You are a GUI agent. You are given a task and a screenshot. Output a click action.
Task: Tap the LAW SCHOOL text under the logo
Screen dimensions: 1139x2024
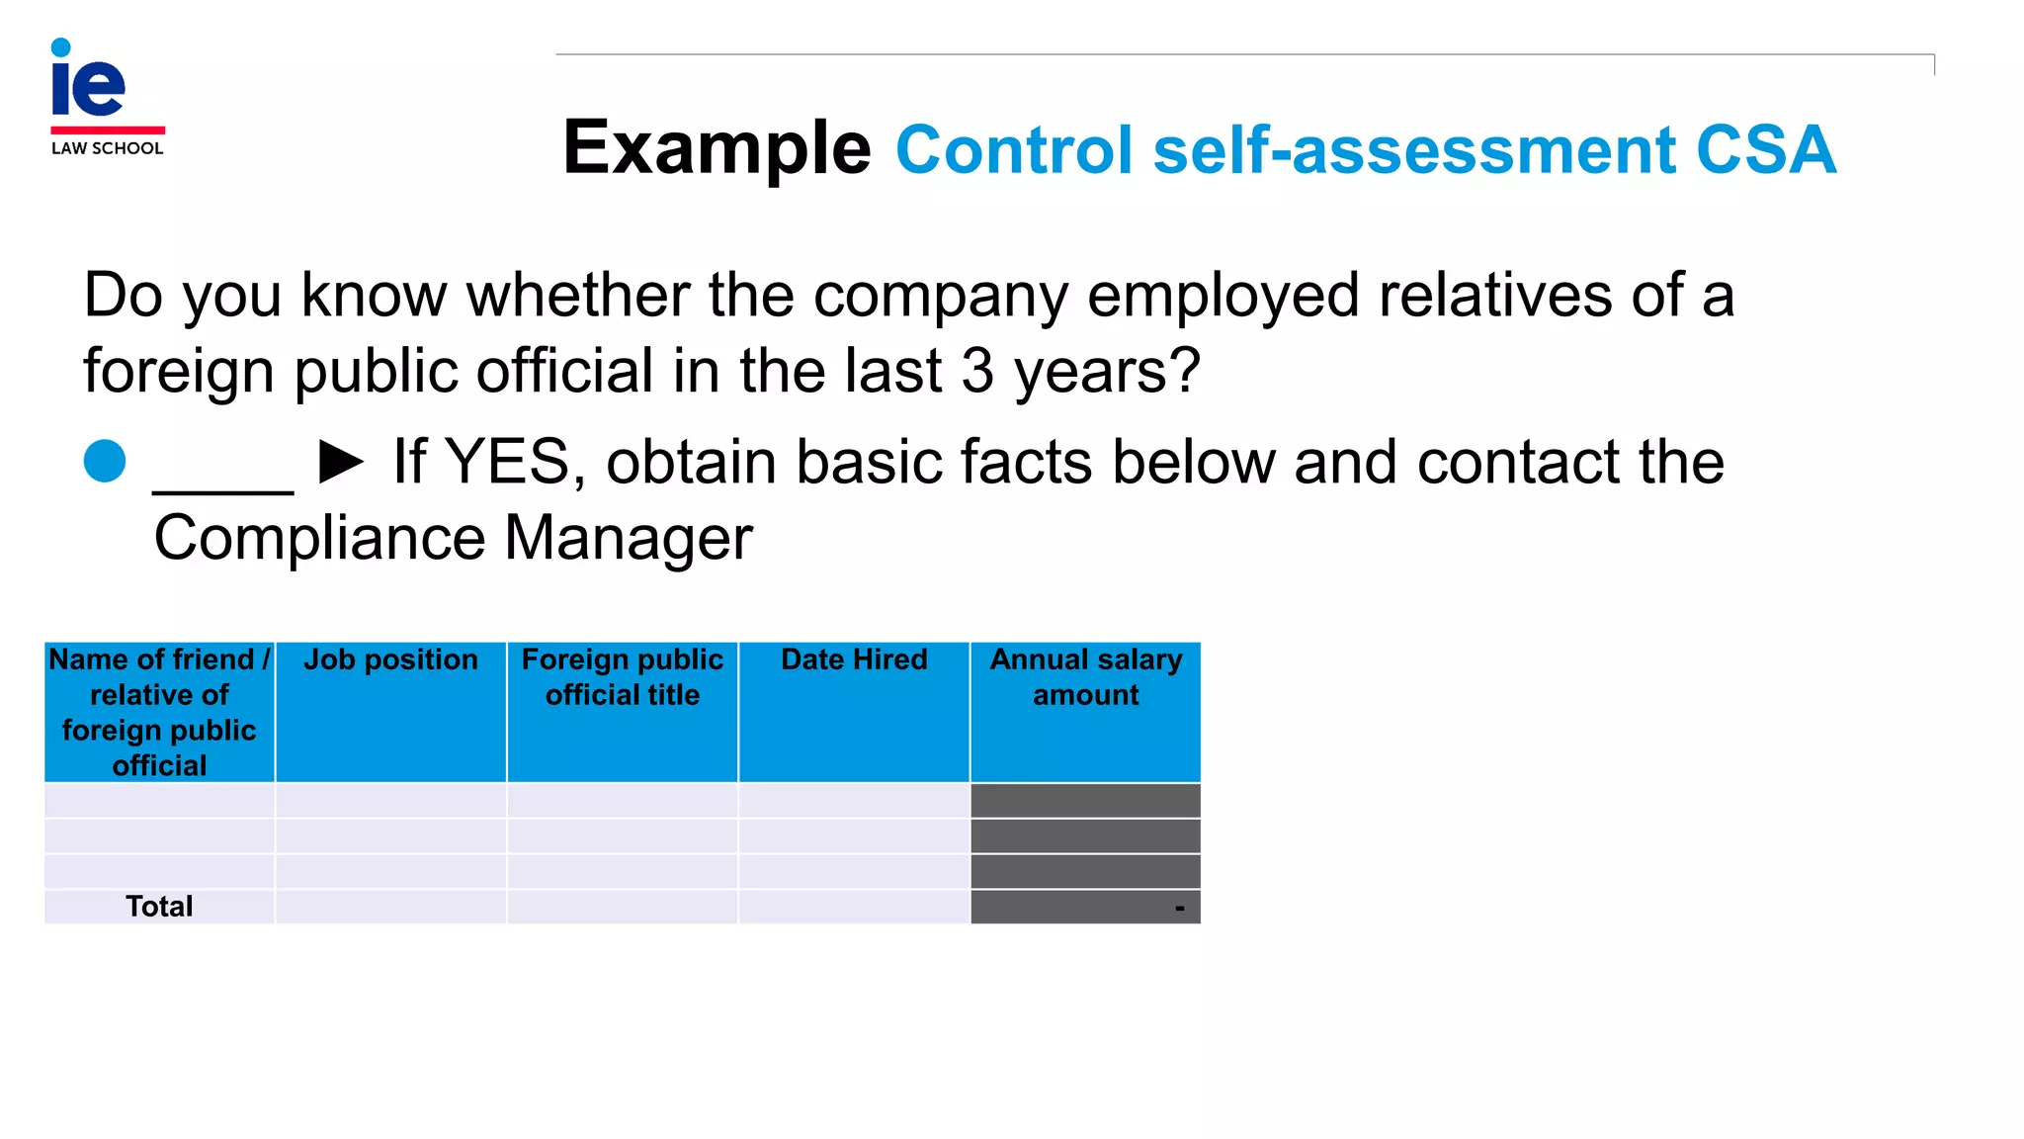107,148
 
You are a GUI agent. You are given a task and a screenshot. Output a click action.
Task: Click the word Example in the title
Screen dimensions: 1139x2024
717,148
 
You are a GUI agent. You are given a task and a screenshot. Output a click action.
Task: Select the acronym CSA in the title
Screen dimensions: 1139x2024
1765,150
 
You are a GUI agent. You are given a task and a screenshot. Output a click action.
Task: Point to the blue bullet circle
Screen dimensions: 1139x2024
105,461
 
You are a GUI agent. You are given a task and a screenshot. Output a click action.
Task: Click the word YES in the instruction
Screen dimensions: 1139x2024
507,462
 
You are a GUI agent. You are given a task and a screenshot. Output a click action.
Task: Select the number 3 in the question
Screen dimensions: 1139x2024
977,370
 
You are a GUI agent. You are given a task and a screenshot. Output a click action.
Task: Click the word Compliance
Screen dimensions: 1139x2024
319,538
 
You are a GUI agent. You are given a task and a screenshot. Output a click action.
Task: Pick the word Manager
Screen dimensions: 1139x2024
629,538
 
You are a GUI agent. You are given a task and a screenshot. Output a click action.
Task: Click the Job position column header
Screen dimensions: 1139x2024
390,659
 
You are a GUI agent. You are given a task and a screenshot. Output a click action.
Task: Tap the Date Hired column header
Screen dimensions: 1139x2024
854,659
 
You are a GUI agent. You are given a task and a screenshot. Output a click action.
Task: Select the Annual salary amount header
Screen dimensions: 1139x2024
1085,677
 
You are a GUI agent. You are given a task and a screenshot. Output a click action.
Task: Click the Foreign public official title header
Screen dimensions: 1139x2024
623,677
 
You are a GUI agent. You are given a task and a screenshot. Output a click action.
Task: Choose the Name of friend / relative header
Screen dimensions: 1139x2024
159,712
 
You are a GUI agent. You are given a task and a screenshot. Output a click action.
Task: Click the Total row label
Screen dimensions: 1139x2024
159,907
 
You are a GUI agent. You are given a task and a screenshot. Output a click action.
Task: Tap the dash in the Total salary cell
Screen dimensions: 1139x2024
1179,908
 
